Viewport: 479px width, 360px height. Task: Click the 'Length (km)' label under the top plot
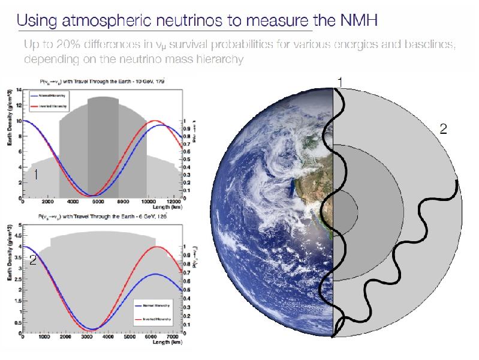tap(168, 208)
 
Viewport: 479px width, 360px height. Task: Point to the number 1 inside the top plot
tap(36, 175)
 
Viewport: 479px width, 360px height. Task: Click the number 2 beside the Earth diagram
tap(444, 128)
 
